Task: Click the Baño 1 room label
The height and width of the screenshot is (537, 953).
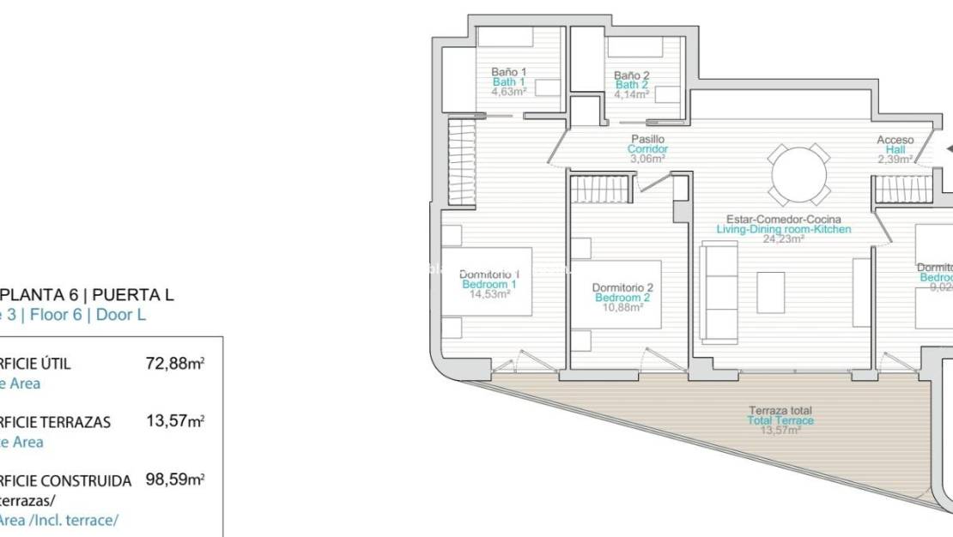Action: (x=509, y=71)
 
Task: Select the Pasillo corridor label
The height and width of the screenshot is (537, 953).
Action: (x=647, y=139)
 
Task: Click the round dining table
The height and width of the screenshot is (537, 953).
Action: (x=799, y=175)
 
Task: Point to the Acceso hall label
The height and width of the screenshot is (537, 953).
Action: (x=895, y=140)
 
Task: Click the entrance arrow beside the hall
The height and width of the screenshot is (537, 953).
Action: (x=948, y=148)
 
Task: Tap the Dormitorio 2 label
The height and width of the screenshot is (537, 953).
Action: (x=623, y=287)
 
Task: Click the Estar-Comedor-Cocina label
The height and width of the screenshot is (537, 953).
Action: (x=784, y=219)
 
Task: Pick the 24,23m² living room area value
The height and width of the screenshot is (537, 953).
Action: (x=783, y=239)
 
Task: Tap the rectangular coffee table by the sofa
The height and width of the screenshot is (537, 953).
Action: (x=770, y=292)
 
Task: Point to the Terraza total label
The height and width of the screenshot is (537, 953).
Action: (x=780, y=411)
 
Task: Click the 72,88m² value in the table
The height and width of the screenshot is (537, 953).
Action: (x=175, y=364)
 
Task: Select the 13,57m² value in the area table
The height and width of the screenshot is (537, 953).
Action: (x=175, y=422)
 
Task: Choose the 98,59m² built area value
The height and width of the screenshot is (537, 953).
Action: (x=175, y=480)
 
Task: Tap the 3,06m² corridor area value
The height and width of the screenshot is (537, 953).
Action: (x=647, y=159)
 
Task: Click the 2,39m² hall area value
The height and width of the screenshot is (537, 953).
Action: (x=895, y=159)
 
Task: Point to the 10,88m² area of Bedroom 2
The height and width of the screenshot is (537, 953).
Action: (x=623, y=307)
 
